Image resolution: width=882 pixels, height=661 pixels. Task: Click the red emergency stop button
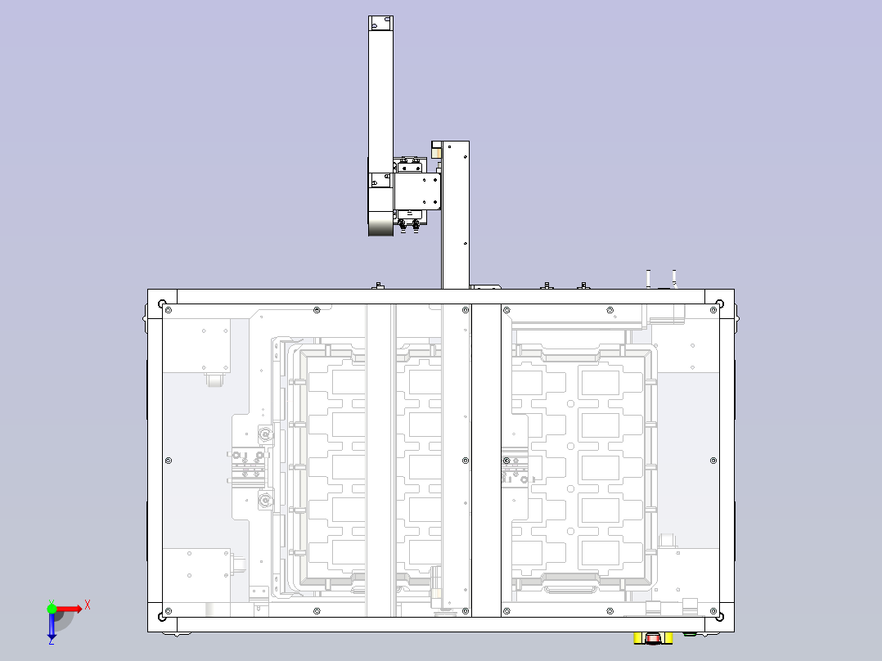coord(653,638)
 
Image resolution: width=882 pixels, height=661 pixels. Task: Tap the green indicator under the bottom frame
coord(690,634)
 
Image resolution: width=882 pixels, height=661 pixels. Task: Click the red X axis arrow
coord(70,609)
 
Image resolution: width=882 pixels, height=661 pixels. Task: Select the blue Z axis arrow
coord(52,626)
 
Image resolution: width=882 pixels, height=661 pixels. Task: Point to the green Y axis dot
coord(52,609)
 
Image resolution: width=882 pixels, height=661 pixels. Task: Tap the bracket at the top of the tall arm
coord(380,23)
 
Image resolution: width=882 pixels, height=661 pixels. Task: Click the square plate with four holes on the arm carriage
coord(416,191)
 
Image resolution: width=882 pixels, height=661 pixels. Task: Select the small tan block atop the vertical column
coord(436,152)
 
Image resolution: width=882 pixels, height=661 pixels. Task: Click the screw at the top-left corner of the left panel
coord(169,310)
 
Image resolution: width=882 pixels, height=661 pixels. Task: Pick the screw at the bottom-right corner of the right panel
coord(713,611)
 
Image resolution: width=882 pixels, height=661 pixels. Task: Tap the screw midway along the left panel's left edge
coord(169,461)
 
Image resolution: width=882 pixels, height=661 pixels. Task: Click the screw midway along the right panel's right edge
coord(713,461)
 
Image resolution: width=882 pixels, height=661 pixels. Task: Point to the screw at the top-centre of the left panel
coord(317,310)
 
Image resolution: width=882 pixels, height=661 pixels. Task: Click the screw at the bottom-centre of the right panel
coord(610,611)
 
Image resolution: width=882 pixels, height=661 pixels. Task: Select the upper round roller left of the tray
coord(265,434)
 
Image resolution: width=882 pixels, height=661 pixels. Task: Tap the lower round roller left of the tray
coord(265,498)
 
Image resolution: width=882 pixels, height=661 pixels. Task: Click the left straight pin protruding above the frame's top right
coord(649,279)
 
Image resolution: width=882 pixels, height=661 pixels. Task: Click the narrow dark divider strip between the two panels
coord(486,461)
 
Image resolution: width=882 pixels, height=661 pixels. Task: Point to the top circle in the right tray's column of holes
coord(570,403)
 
